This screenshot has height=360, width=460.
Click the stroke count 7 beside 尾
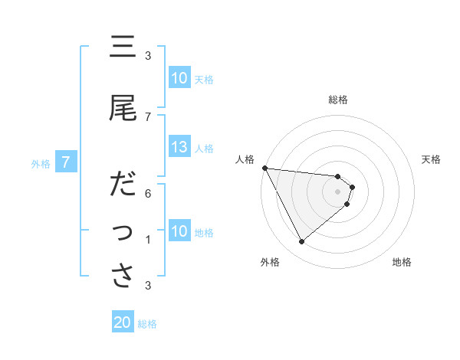(148, 116)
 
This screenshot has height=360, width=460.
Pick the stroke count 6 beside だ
(148, 193)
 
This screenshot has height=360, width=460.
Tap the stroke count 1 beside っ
(148, 240)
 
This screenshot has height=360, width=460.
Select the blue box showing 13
(179, 148)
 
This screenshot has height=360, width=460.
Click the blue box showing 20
(123, 322)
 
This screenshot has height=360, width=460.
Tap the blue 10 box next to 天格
(179, 78)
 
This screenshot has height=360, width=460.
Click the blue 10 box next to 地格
(179, 231)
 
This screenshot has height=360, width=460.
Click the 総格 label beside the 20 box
(147, 324)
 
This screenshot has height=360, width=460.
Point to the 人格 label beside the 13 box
(205, 149)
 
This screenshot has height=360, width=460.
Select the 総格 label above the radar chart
(338, 100)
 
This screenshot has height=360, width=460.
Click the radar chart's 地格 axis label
(402, 263)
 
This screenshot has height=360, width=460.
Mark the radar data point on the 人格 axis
(264, 168)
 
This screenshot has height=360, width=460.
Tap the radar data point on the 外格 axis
(301, 242)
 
